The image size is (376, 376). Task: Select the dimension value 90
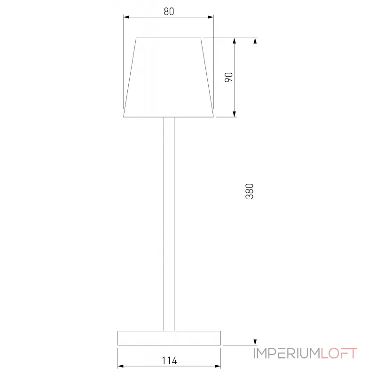pos(229,78)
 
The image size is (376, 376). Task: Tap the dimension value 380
pos(250,191)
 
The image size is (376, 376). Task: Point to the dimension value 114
pos(169,360)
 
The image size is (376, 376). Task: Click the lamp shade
pos(169,78)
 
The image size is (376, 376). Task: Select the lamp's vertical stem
pos(169,223)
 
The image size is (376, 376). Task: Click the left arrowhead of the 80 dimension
pos(126,18)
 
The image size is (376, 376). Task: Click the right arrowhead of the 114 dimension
pos(219,366)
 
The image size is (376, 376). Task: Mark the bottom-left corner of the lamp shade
pos(124,117)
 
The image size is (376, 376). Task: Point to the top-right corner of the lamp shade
pos(201,38)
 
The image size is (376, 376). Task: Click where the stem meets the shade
pos(169,117)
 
